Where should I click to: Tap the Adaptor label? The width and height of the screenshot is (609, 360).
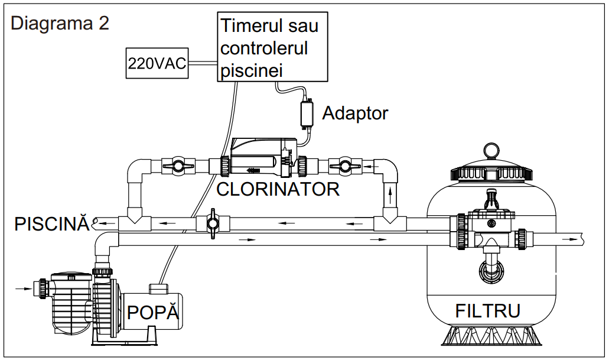click(x=355, y=112)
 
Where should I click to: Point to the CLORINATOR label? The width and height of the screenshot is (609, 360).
click(x=278, y=189)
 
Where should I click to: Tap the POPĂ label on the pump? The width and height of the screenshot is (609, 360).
click(x=153, y=312)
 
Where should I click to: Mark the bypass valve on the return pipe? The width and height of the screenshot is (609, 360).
click(x=211, y=224)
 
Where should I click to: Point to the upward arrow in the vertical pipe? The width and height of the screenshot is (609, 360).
click(x=389, y=193)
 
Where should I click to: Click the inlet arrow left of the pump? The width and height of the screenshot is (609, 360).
click(x=21, y=289)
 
